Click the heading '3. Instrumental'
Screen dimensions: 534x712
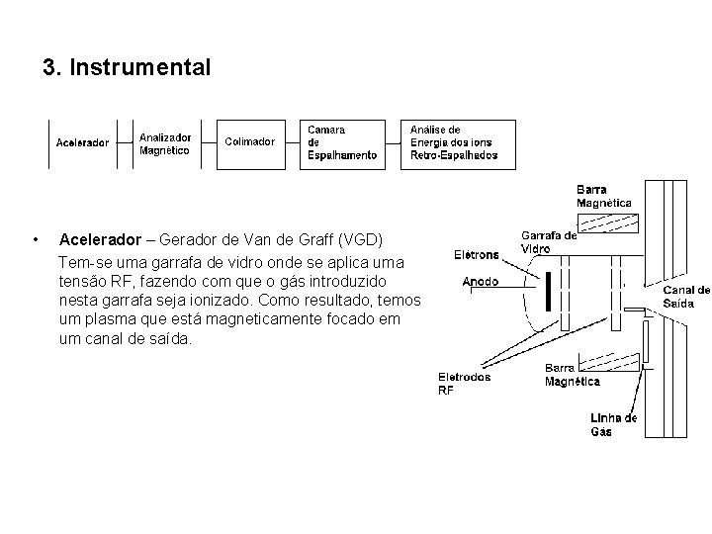click(x=127, y=68)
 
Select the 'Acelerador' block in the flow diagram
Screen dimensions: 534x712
click(x=82, y=142)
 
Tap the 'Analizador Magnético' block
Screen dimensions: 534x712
click(x=164, y=143)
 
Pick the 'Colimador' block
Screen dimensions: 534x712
click(x=250, y=141)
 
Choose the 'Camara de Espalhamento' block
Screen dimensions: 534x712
click(x=341, y=142)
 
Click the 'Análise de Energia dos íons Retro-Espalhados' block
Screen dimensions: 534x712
click(x=454, y=142)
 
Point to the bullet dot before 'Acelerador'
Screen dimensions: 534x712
click(x=35, y=240)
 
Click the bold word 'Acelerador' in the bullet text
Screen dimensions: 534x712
click(x=101, y=240)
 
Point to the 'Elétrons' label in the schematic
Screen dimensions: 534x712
click(x=477, y=255)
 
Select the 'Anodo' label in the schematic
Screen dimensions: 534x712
click(x=480, y=282)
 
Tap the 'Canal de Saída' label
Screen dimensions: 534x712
click(x=685, y=297)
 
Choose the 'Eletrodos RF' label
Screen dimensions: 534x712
click(x=464, y=383)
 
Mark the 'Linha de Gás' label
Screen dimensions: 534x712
click(x=613, y=424)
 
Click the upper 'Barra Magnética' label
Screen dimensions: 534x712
click(x=603, y=196)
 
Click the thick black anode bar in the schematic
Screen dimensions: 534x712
click(x=547, y=292)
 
